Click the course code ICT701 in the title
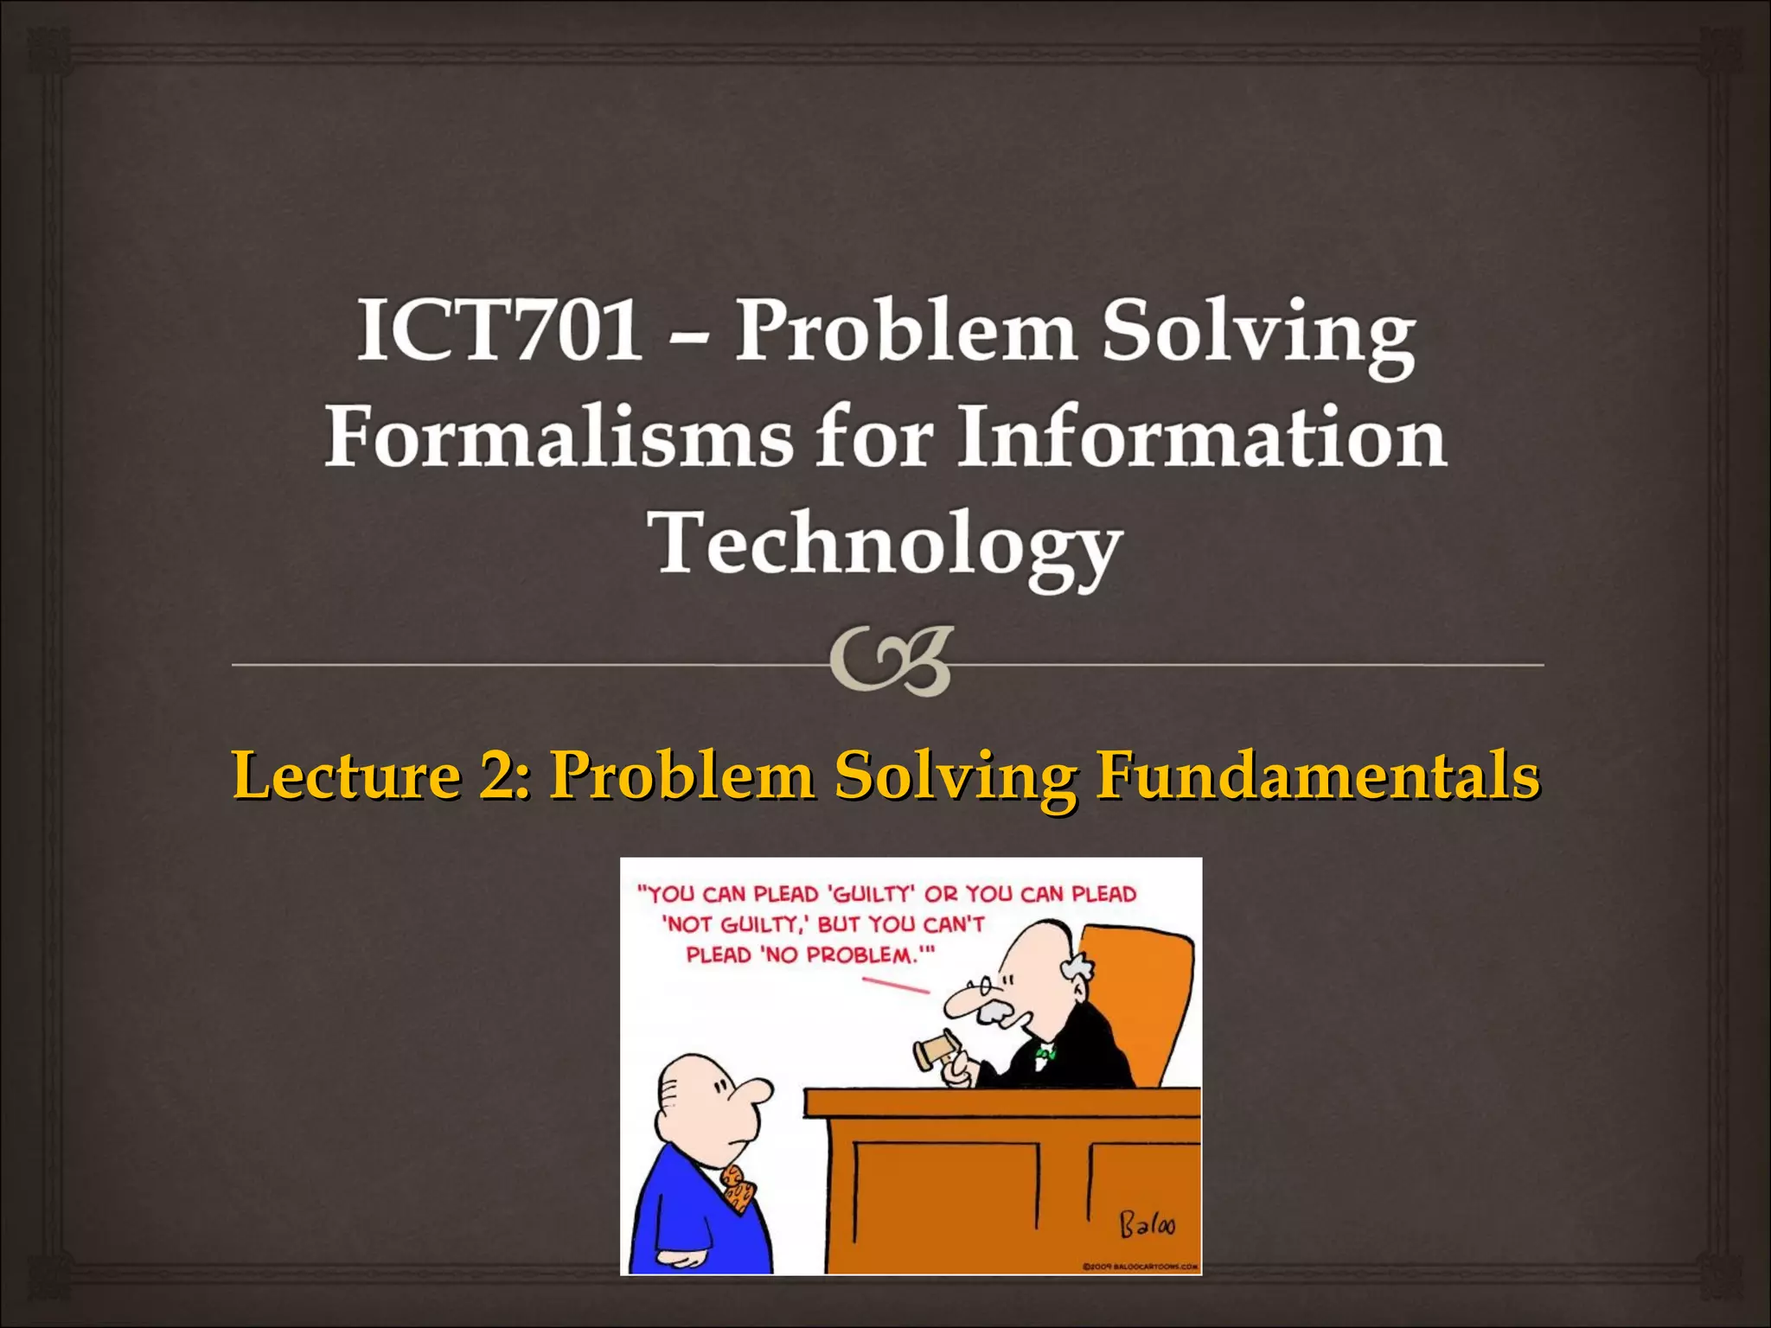click(x=500, y=330)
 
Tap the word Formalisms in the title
click(x=559, y=437)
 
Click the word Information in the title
click(x=1202, y=437)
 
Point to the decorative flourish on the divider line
click(x=891, y=661)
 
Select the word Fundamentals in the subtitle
click(x=1317, y=775)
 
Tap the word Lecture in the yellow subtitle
click(x=346, y=775)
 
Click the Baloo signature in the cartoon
click(x=1148, y=1224)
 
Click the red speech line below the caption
click(x=895, y=985)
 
